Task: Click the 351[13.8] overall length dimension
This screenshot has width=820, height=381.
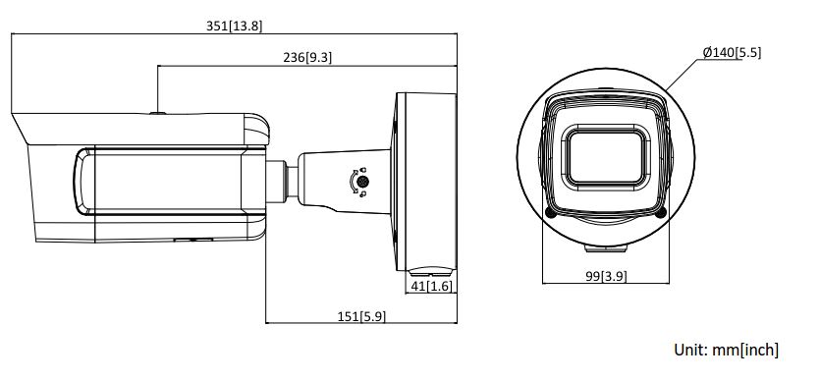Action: tap(234, 27)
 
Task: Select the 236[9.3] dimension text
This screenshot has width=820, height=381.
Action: tap(307, 58)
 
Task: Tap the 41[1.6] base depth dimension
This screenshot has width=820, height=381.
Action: tap(431, 286)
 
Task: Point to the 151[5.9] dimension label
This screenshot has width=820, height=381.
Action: tap(361, 316)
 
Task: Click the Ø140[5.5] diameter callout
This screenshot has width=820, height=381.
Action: tap(732, 52)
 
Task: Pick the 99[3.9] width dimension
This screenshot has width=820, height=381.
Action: tap(606, 277)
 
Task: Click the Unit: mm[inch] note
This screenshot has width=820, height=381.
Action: tap(727, 350)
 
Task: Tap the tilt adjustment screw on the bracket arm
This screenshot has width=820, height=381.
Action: tap(362, 183)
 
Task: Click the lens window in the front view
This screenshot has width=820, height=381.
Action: tap(606, 156)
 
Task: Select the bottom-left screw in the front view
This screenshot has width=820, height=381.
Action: tap(550, 212)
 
